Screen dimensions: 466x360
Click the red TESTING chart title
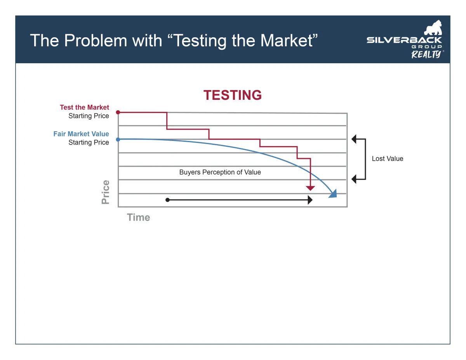tap(233, 95)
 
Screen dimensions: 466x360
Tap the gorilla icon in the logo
tap(433, 28)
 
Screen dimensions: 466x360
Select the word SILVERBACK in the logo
tap(404, 40)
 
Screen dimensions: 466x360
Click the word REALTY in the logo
tap(426, 54)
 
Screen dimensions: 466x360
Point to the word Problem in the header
tap(96, 40)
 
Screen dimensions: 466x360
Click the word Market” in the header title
tap(289, 40)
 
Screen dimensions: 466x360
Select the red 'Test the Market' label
tap(85, 107)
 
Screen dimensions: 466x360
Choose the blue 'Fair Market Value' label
tap(81, 134)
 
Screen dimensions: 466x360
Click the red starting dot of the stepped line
tap(118, 112)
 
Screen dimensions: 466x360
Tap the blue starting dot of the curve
tap(118, 139)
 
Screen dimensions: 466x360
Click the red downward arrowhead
tap(310, 188)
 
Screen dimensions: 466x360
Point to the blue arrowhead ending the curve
tap(333, 194)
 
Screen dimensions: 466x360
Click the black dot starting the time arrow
tap(167, 200)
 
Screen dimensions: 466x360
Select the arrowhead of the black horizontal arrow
tap(310, 200)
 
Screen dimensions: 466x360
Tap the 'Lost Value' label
tap(388, 159)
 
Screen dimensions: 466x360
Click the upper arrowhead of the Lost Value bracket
tap(354, 139)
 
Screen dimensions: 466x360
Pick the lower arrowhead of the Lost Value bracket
tap(354, 179)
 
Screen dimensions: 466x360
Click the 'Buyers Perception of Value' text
tap(220, 172)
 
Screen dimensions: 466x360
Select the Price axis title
tap(106, 192)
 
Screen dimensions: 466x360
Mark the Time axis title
tap(139, 217)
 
